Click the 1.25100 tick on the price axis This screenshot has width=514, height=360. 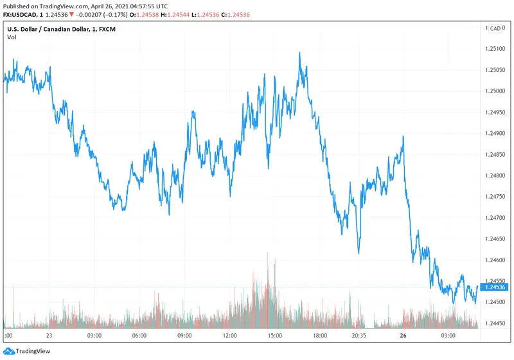pos(495,49)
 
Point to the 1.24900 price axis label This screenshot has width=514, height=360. pos(495,134)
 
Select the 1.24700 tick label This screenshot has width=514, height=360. pos(495,218)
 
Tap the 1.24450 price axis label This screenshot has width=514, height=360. pos(495,323)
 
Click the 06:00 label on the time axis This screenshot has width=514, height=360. pos(139,336)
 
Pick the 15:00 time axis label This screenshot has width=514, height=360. pos(276,336)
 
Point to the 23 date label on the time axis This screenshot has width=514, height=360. pos(49,336)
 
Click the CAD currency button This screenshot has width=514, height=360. pos(495,28)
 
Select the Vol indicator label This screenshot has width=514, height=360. pos(11,37)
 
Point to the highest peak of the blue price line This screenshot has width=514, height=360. pos(300,53)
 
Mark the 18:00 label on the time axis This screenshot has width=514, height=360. pos(321,336)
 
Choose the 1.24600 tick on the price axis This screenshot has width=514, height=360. pos(495,260)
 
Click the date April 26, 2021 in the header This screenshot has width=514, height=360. pos(112,5)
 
